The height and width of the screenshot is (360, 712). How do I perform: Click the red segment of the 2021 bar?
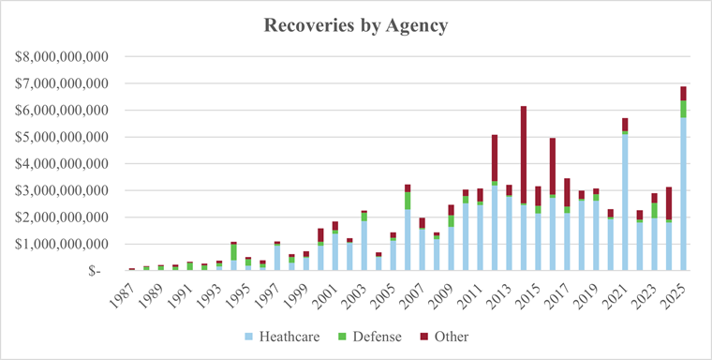pyautogui.click(x=624, y=124)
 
